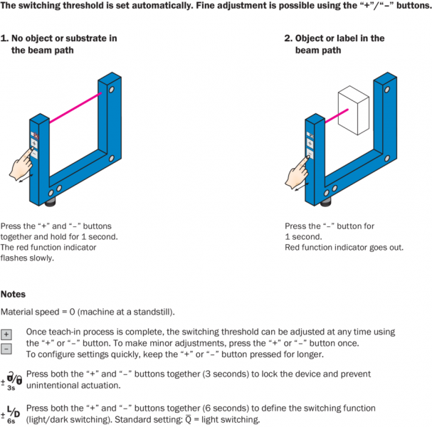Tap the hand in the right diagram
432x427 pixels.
point(296,171)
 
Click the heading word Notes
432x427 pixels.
point(14,294)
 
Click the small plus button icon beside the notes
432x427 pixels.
point(6,334)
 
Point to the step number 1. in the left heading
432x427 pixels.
point(4,38)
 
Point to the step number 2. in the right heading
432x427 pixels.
point(288,38)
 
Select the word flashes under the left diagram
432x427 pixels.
point(15,258)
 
